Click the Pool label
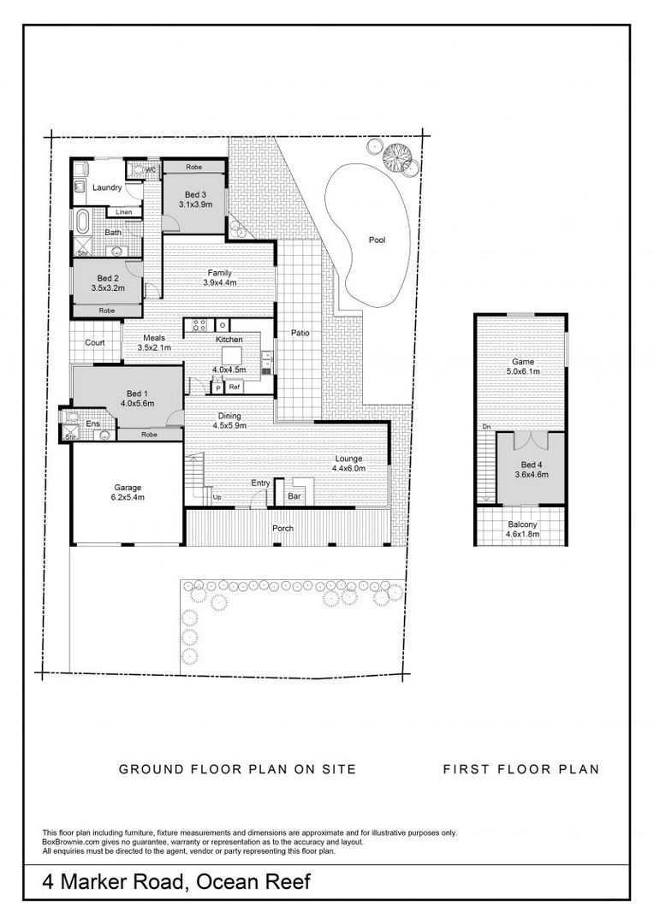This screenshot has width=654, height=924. pyautogui.click(x=377, y=240)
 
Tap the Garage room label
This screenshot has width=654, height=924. pyautogui.click(x=128, y=488)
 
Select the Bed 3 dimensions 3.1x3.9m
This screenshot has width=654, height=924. pyautogui.click(x=195, y=204)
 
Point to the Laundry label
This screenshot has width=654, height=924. pyautogui.click(x=107, y=187)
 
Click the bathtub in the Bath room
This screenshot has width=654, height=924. pyautogui.click(x=80, y=222)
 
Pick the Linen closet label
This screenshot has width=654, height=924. pyautogui.click(x=124, y=212)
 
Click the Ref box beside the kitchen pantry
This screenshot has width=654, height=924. pyautogui.click(x=235, y=388)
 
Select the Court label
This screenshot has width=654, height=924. pyautogui.click(x=95, y=342)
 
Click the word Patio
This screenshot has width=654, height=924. pyautogui.click(x=300, y=333)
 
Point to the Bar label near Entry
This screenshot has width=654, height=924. pyautogui.click(x=294, y=496)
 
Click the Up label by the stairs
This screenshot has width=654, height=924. pyautogui.click(x=217, y=497)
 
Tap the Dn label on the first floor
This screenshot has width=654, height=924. pyautogui.click(x=486, y=427)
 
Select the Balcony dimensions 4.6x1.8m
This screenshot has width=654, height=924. pyautogui.click(x=522, y=535)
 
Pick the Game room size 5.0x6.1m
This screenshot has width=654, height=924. pyautogui.click(x=522, y=371)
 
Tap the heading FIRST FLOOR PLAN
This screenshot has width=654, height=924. pyautogui.click(x=521, y=769)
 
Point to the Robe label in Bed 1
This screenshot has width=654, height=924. pyautogui.click(x=149, y=435)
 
